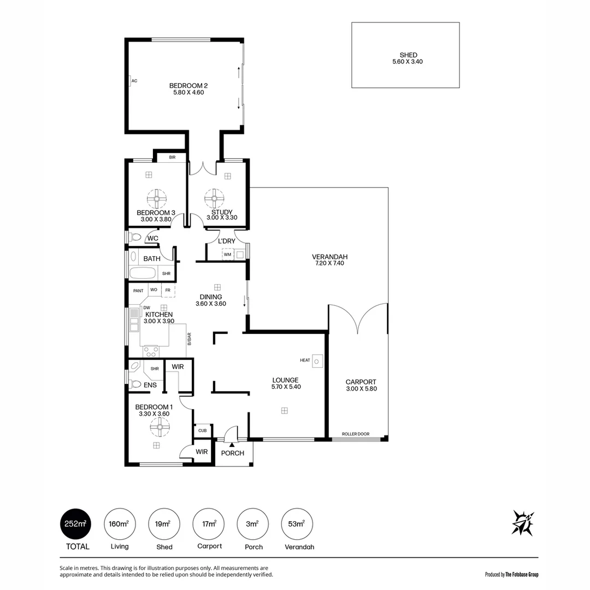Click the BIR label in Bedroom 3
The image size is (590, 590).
click(x=172, y=157)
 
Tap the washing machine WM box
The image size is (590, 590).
click(x=227, y=255)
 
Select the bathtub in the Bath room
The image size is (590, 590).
click(x=144, y=274)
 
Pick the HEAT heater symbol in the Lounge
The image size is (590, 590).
click(x=317, y=361)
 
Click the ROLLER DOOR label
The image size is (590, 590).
click(x=355, y=434)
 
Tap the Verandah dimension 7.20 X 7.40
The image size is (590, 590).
click(x=329, y=263)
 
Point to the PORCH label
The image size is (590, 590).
click(x=232, y=453)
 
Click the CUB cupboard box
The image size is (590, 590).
click(x=202, y=430)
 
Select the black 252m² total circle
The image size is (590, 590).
click(x=75, y=524)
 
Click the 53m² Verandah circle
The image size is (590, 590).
click(x=296, y=524)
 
